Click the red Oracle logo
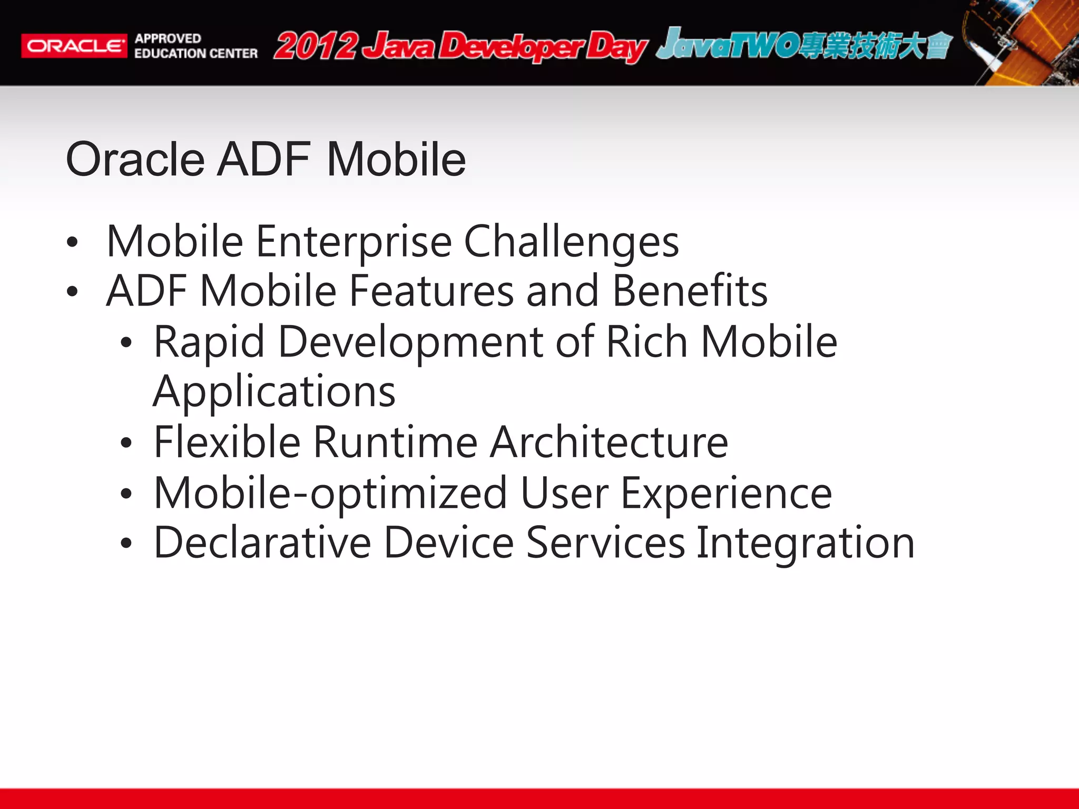pos(74,46)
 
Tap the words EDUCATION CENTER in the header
pos(196,54)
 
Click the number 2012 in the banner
pos(316,46)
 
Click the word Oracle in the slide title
pos(135,159)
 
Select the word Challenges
pos(571,242)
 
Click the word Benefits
pos(690,291)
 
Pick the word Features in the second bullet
pos(431,291)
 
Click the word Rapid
pos(209,342)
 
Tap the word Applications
pos(274,392)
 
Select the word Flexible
pos(227,442)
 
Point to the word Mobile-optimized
pos(330,493)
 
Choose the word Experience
pos(727,493)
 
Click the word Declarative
pos(262,542)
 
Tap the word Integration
pos(805,542)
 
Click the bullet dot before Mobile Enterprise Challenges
pos(73,243)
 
